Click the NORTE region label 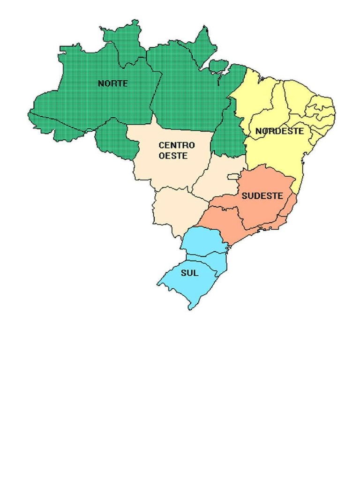[x=112, y=83]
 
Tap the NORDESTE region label [x=279, y=131]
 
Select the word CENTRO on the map [x=176, y=146]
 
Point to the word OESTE [x=173, y=156]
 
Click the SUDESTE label [x=262, y=196]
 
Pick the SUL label [x=189, y=273]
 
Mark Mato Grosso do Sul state [x=176, y=209]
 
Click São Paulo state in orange [x=223, y=220]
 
